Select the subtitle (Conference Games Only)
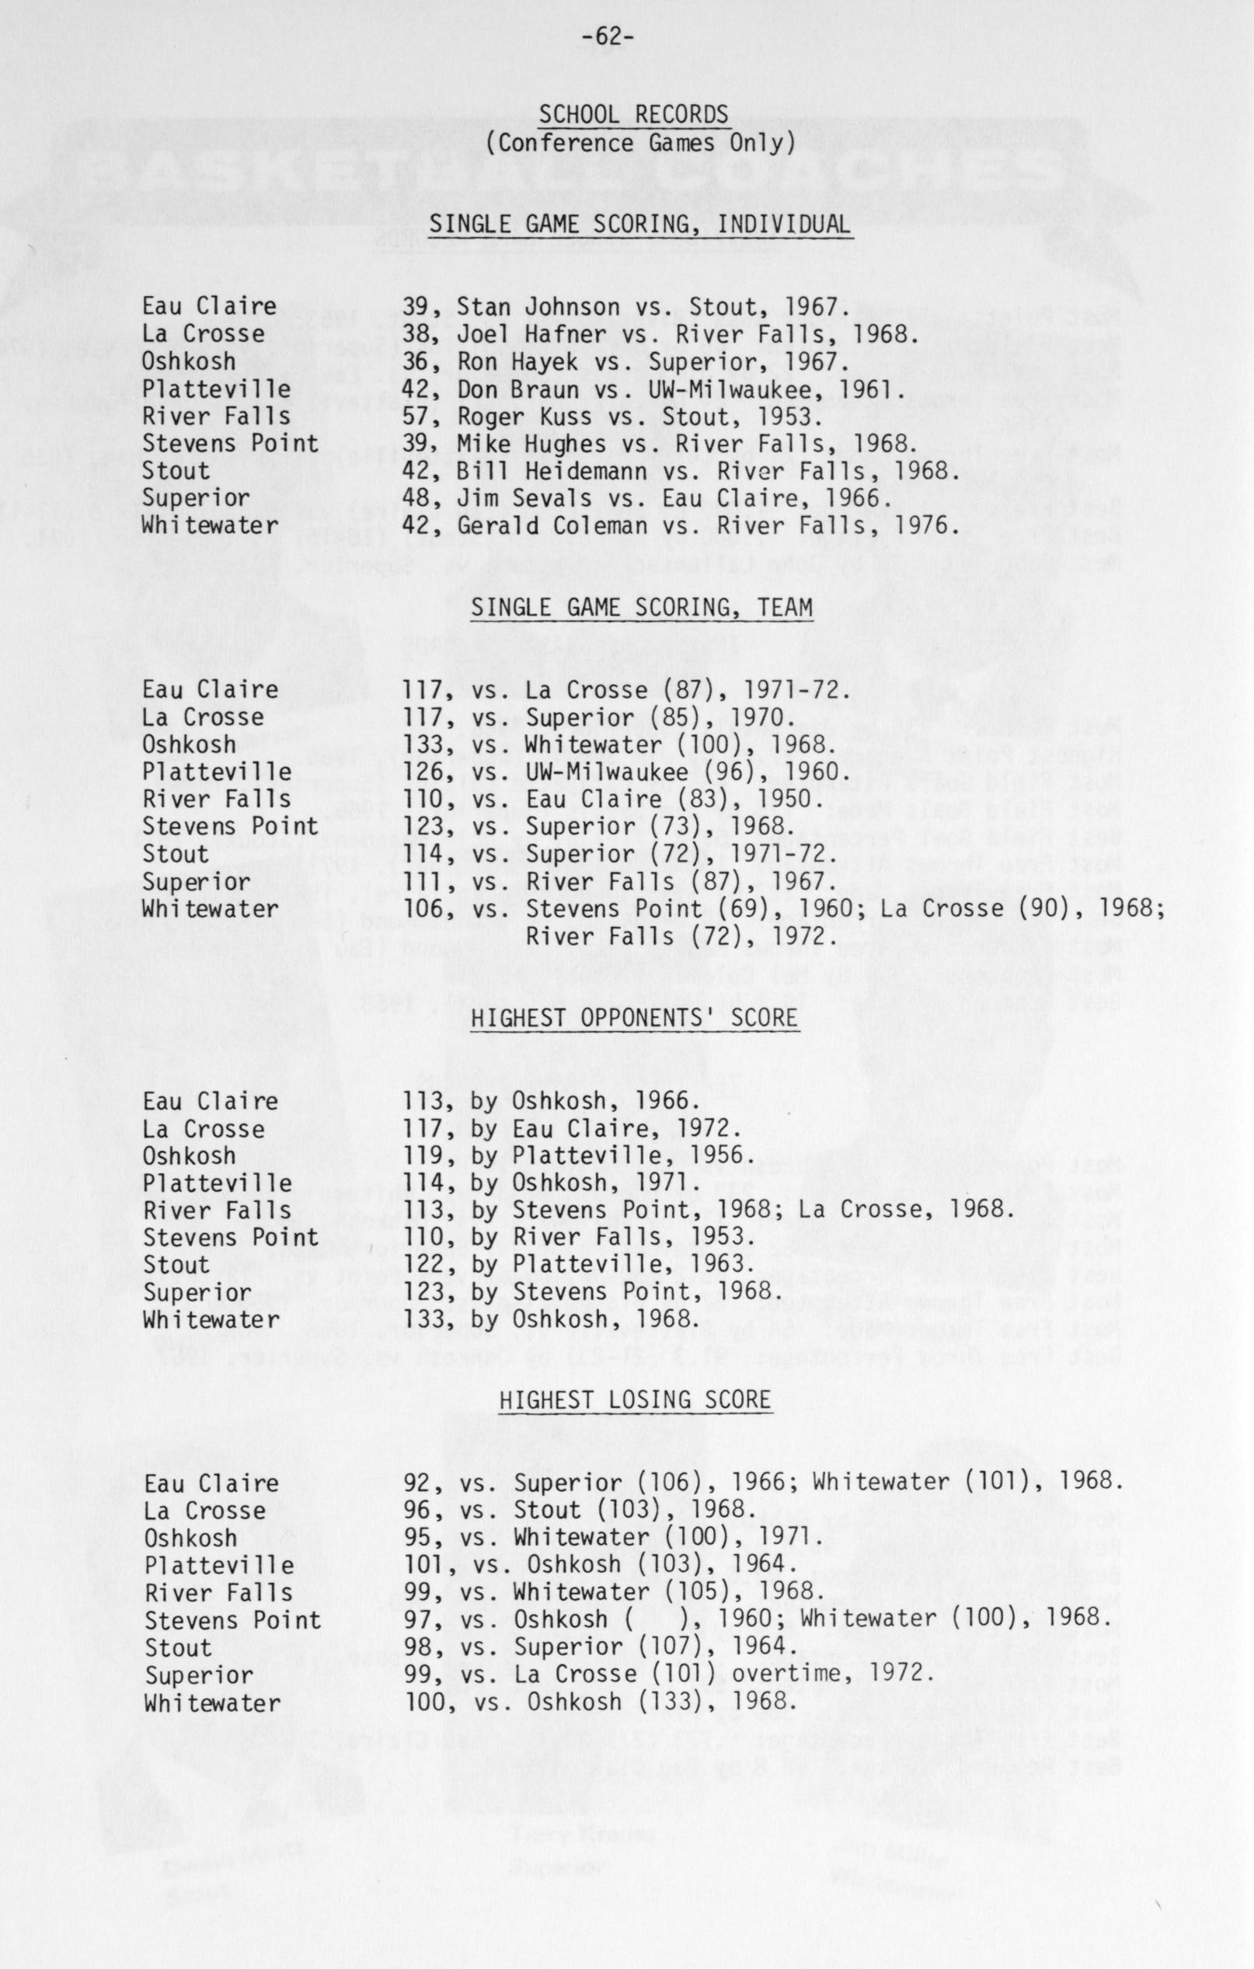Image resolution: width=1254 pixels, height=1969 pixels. pos(640,142)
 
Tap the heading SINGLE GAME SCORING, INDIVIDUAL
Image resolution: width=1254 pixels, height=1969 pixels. pos(640,223)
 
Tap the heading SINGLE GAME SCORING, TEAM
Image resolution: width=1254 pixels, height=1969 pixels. pos(641,608)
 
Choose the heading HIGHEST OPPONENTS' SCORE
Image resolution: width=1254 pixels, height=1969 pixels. pos(633,1018)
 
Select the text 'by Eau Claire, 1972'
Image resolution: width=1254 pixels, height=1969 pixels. pos(604,1129)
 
